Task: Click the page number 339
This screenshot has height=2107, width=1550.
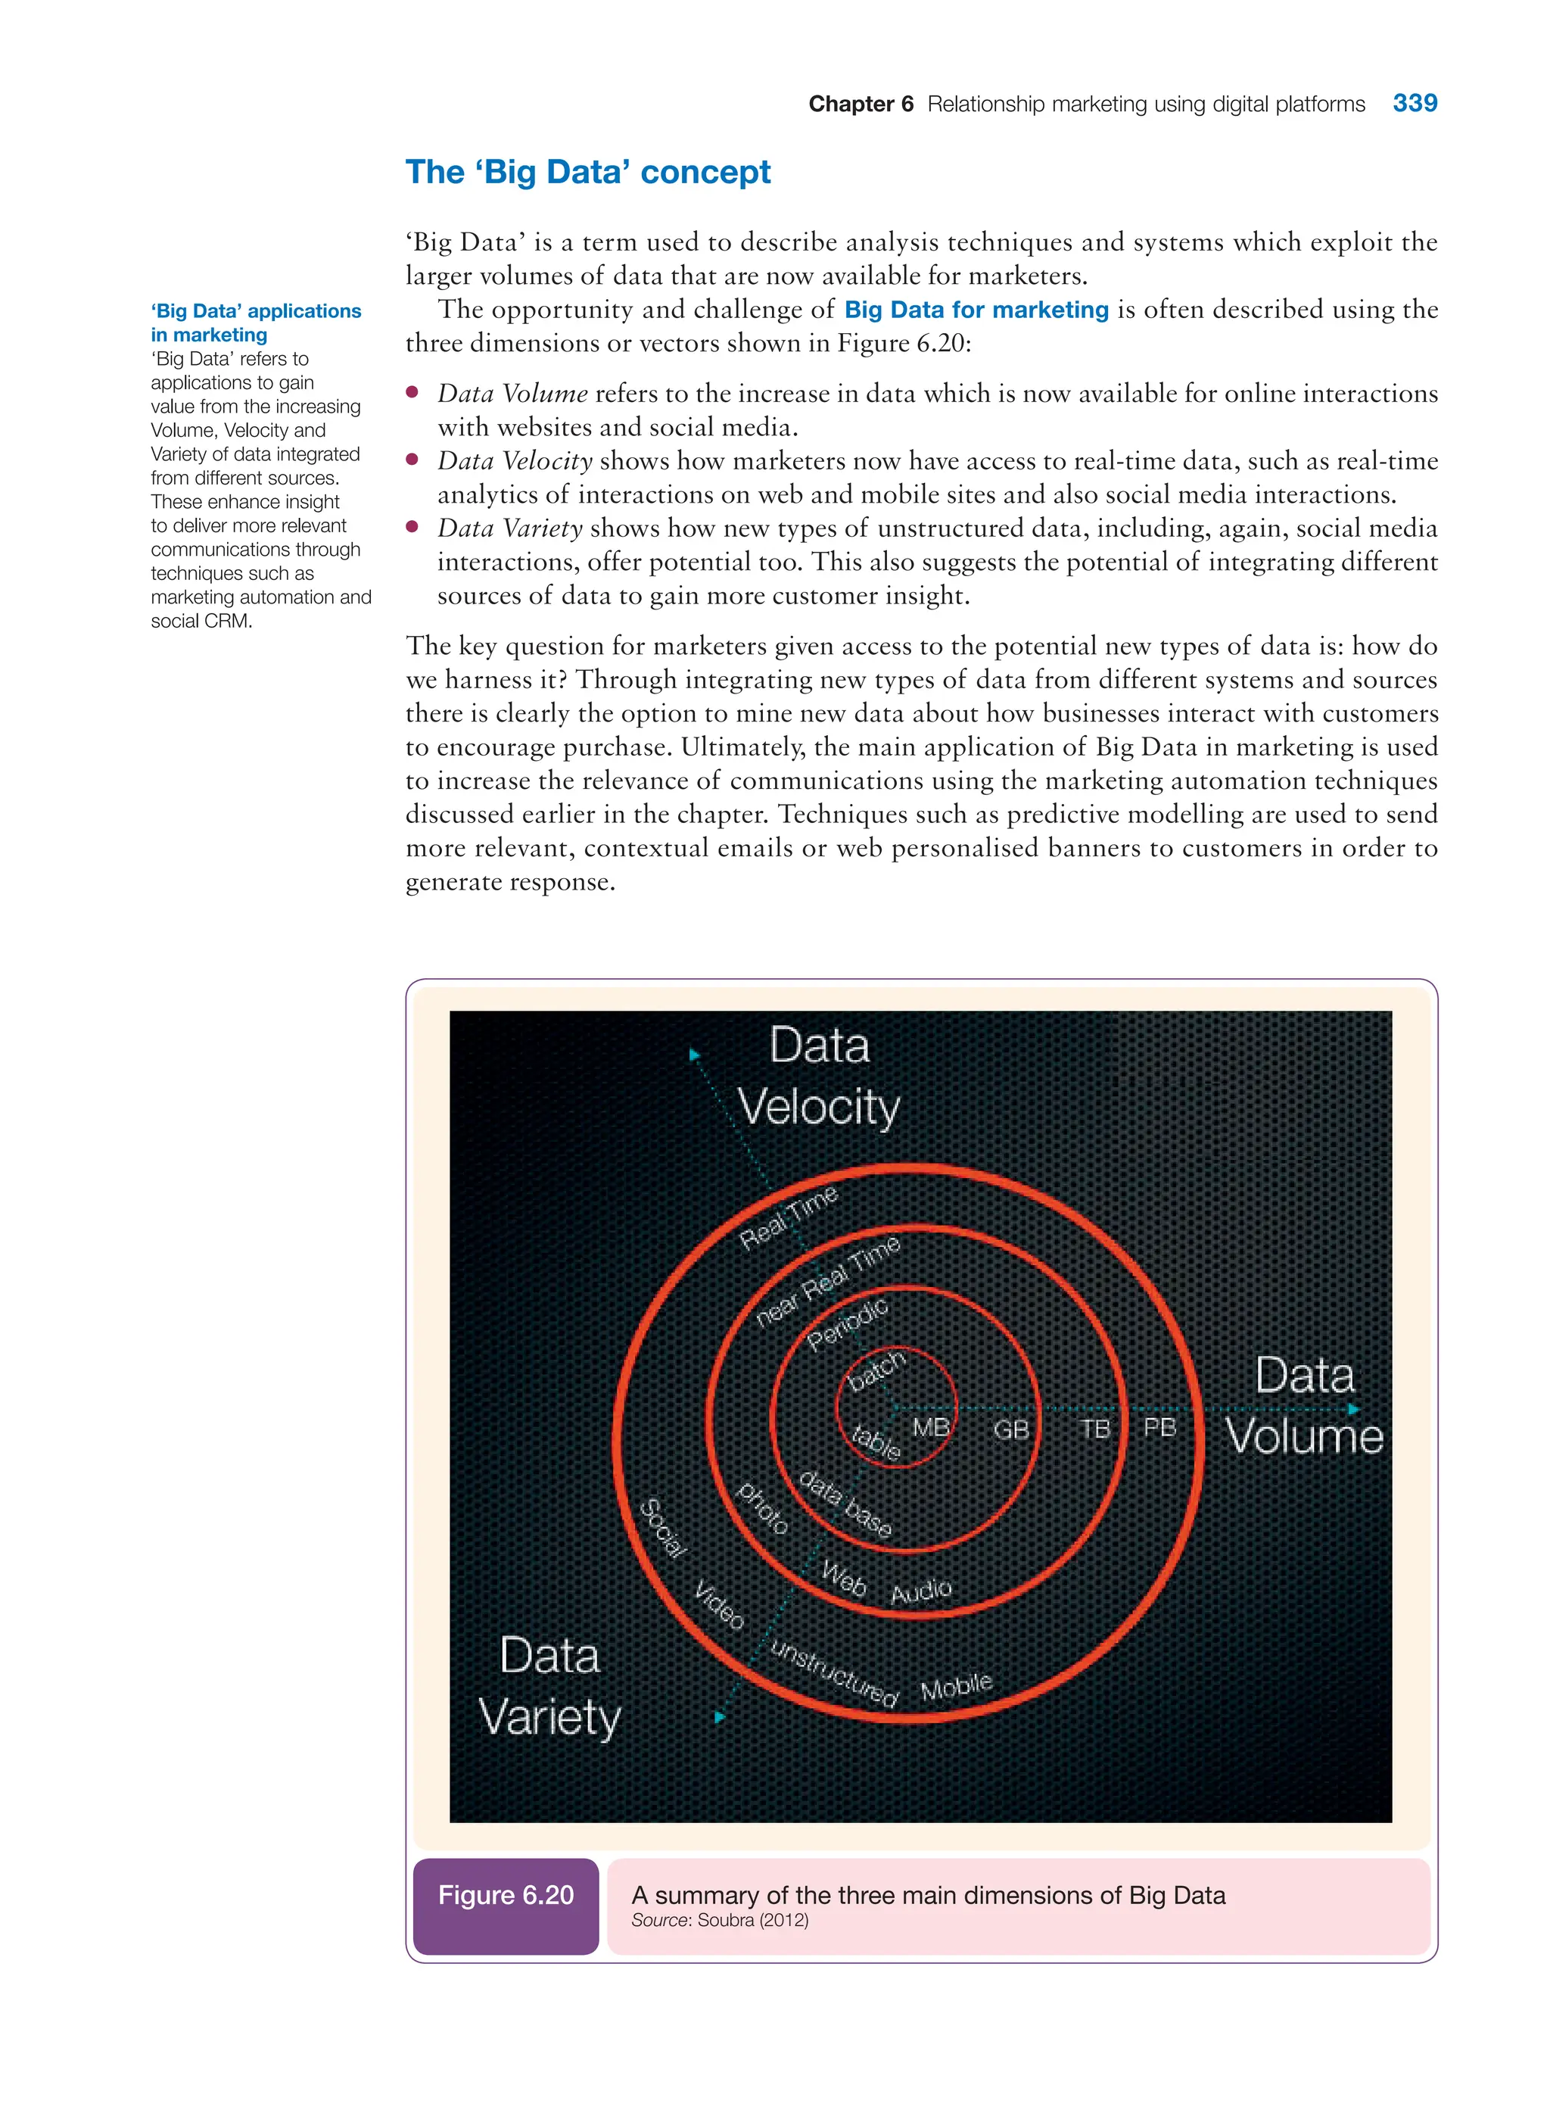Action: pos(1414,103)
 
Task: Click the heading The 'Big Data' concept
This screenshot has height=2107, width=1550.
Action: pos(587,173)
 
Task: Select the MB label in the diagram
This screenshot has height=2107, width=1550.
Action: pos(931,1427)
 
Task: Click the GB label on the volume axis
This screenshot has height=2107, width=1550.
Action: pos(1011,1429)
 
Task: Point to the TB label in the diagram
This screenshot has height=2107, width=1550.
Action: pos(1095,1429)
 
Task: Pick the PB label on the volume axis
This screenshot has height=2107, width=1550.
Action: pos(1159,1427)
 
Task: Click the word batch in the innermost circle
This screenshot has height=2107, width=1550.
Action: pos(876,1371)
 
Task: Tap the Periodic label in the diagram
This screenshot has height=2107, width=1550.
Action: pos(847,1324)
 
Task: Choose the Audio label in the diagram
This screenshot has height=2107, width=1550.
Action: pos(920,1591)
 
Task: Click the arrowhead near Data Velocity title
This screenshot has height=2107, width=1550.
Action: pos(694,1055)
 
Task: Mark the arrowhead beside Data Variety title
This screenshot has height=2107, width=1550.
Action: pos(720,1716)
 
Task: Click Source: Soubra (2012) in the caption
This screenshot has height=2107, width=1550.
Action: pos(720,1920)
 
